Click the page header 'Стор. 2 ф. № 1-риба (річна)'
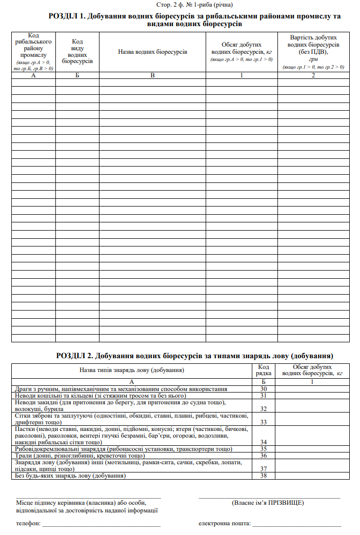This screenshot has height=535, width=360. [x=194, y=5]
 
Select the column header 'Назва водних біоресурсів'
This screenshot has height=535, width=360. [x=152, y=52]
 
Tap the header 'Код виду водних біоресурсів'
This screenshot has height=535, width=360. [x=77, y=52]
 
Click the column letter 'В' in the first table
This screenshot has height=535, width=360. [x=152, y=75]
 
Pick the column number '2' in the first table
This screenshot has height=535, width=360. [x=313, y=75]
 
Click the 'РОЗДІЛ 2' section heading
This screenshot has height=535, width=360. [x=194, y=355]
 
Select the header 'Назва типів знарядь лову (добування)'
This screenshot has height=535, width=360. [x=132, y=370]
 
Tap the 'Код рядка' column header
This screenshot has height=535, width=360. [x=264, y=370]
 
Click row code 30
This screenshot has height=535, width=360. [x=264, y=389]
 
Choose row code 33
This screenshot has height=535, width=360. [x=264, y=422]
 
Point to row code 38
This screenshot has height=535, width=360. [x=264, y=476]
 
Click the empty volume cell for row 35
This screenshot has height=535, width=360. [x=312, y=449]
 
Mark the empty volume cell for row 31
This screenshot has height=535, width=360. [x=312, y=396]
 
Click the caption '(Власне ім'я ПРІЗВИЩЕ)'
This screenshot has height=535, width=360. [x=268, y=503]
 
